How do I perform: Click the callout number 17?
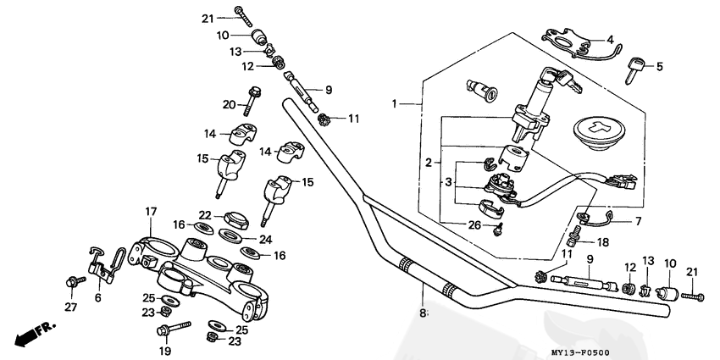point(150,211)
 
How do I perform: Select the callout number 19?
point(165,351)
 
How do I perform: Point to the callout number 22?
point(205,214)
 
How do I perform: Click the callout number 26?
point(474,224)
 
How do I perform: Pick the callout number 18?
point(603,241)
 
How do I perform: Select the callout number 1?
point(394,103)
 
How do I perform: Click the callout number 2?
point(429,161)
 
